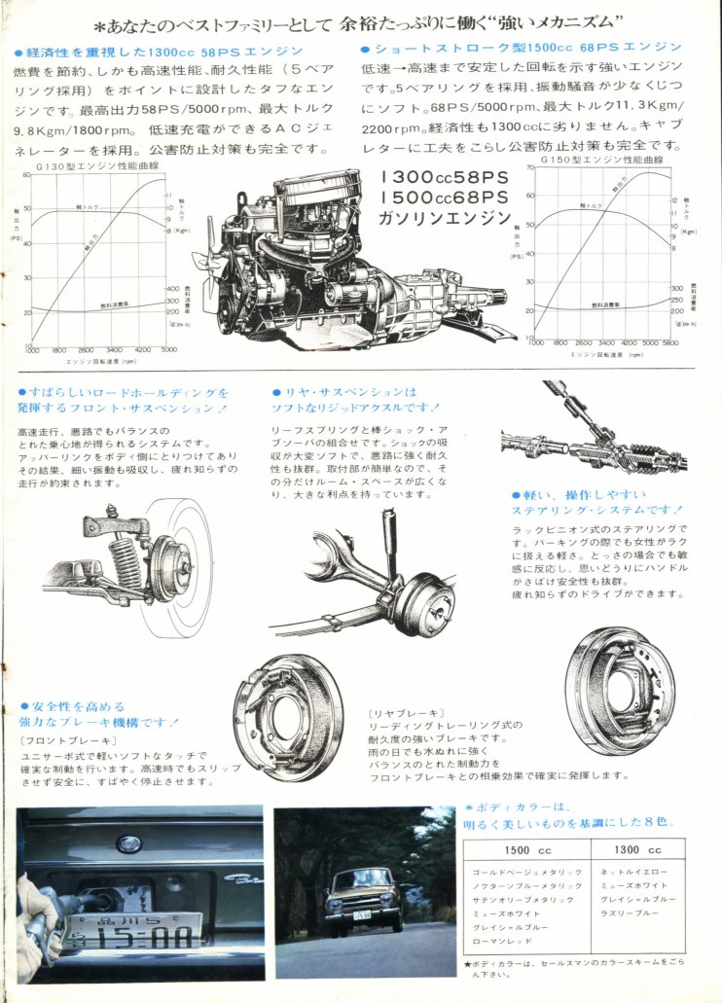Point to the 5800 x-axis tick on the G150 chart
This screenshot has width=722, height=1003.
click(x=670, y=342)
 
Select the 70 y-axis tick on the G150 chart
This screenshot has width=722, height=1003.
click(x=531, y=167)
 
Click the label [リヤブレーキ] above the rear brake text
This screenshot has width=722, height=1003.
click(x=396, y=712)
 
